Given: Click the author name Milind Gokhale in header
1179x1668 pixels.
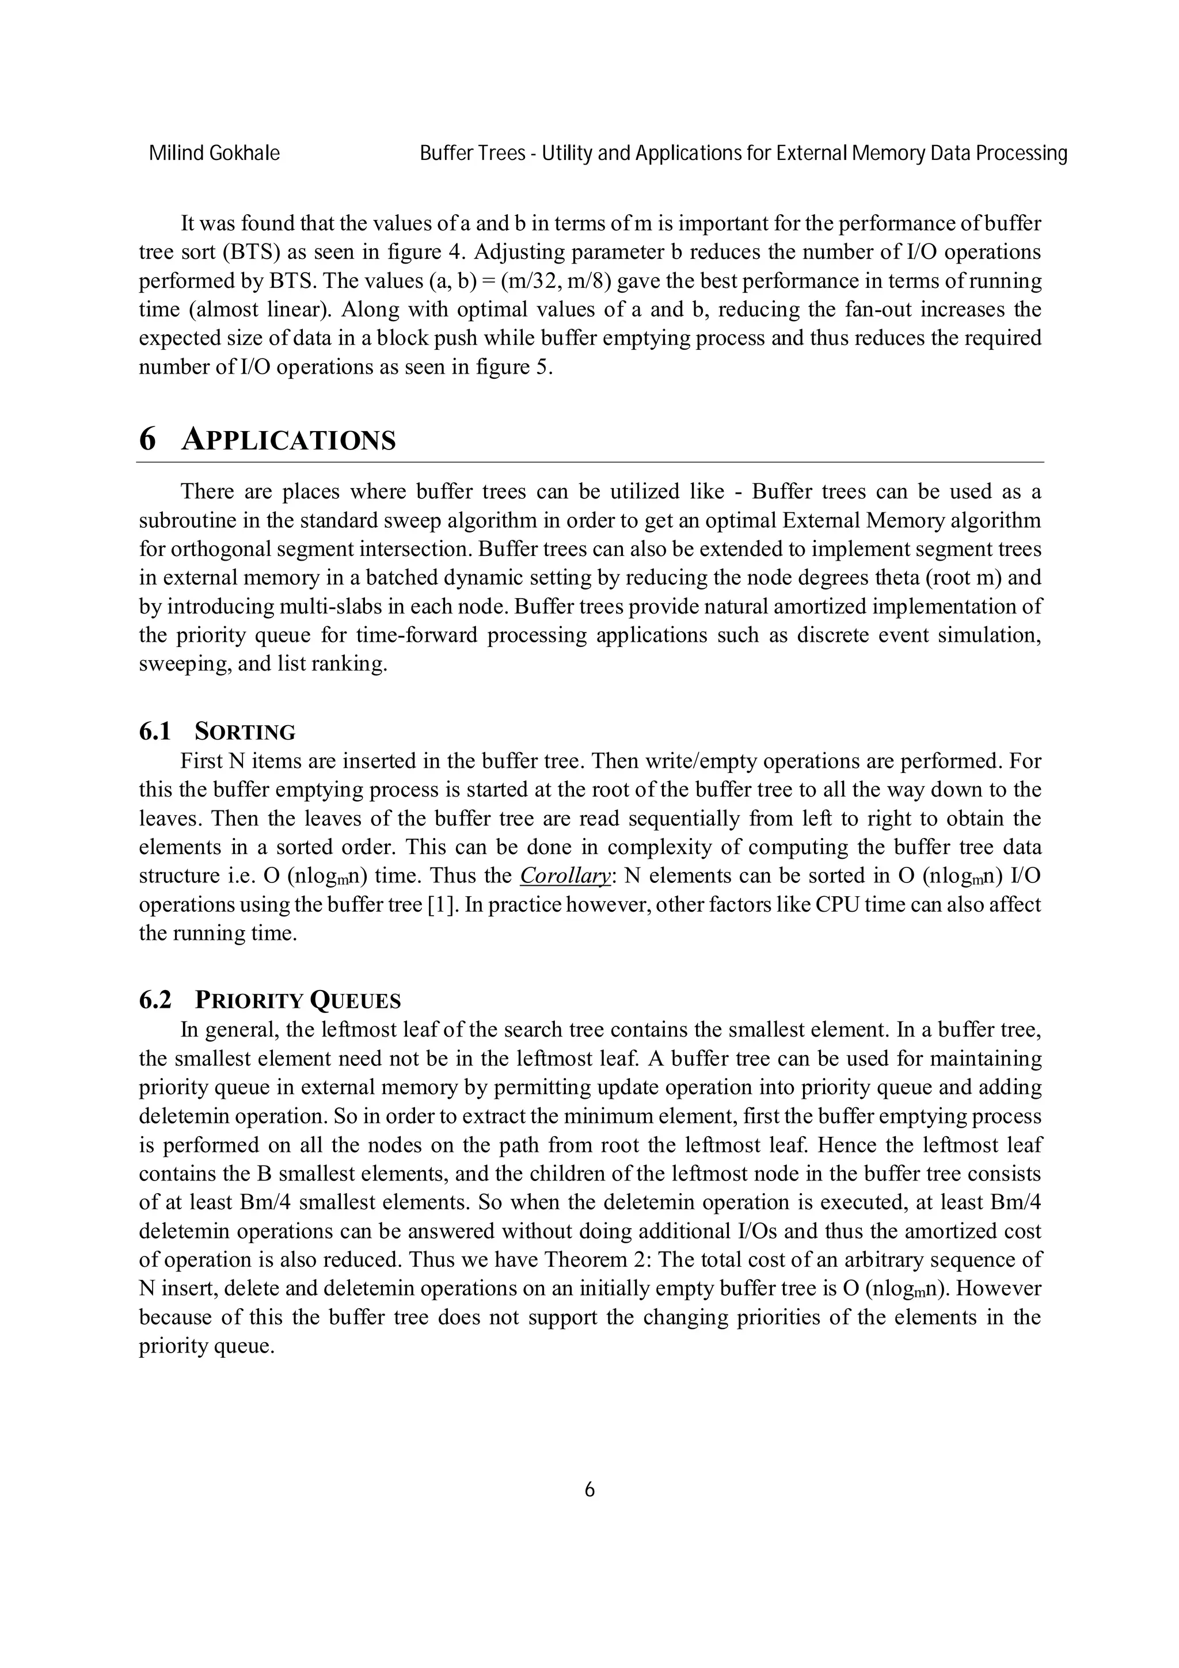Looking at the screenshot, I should tap(214, 153).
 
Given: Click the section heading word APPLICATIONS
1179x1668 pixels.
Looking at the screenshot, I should tap(288, 440).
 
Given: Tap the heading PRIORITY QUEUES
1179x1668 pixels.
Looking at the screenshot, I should tap(297, 1000).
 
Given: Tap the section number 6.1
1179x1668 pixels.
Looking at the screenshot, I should tap(154, 732).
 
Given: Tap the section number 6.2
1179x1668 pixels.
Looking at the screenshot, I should tap(154, 1000).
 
